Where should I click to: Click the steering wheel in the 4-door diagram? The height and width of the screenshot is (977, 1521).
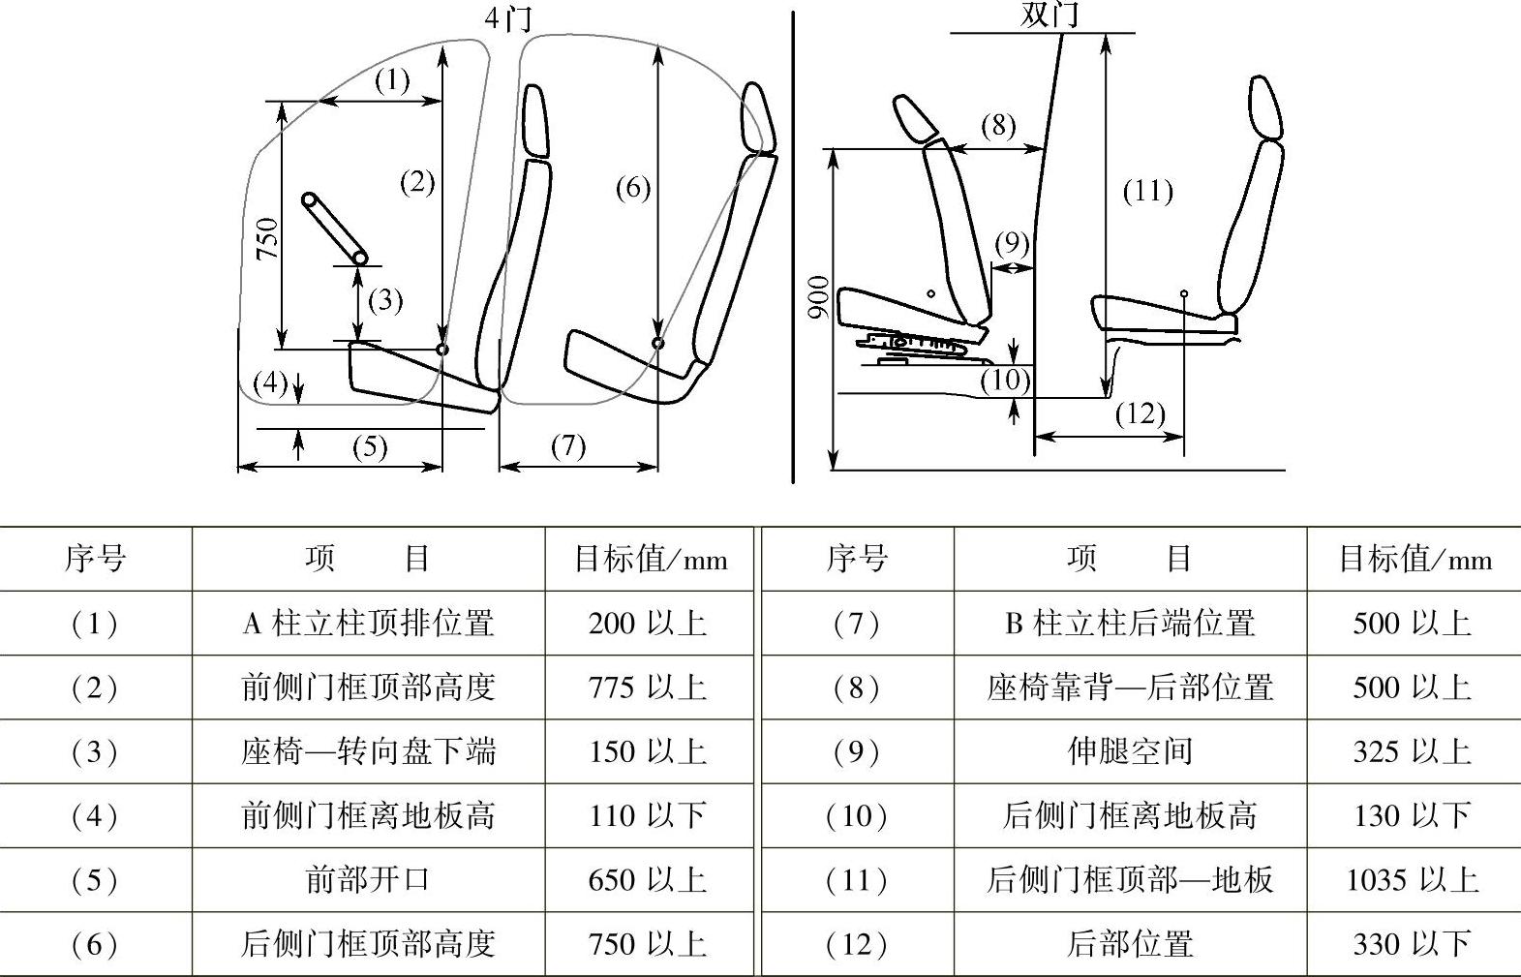click(x=334, y=229)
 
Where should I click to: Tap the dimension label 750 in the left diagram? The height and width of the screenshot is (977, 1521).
click(x=267, y=238)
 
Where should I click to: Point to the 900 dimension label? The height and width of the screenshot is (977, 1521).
click(x=818, y=297)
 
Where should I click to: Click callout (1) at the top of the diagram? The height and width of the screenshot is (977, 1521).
click(x=392, y=79)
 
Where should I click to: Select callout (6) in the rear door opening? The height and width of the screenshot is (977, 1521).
click(x=633, y=188)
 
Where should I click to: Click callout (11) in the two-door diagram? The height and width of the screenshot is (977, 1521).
click(x=1147, y=191)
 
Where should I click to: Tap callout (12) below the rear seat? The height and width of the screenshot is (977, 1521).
click(x=1140, y=414)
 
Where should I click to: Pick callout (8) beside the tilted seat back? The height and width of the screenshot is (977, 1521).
click(x=998, y=126)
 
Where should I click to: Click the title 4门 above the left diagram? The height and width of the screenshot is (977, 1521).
click(x=508, y=17)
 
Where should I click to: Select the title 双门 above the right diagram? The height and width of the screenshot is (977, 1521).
click(x=1049, y=15)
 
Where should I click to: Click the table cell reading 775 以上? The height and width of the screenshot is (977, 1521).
click(x=648, y=687)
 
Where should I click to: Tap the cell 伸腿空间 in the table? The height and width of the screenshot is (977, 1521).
click(x=1130, y=751)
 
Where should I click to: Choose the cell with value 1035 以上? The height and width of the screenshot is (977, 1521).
click(x=1413, y=879)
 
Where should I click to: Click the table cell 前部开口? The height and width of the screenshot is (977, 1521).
click(x=368, y=879)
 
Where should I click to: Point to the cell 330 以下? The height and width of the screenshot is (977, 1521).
click(x=1413, y=943)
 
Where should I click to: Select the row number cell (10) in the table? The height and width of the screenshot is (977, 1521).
click(x=857, y=815)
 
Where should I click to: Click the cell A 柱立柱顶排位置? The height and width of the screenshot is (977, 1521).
click(x=368, y=623)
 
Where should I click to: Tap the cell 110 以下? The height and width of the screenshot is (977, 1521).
click(x=648, y=815)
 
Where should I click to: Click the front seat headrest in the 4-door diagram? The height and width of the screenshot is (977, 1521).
click(x=535, y=120)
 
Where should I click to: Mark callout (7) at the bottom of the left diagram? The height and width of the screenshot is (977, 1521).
click(x=568, y=446)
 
